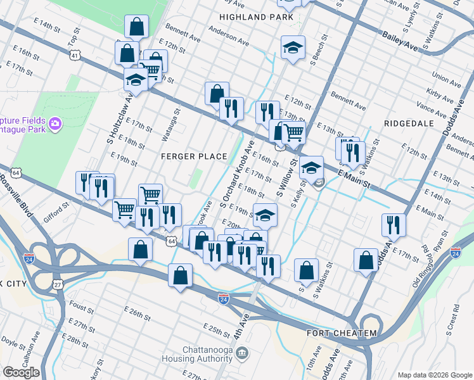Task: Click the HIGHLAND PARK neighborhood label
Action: pos(257,17)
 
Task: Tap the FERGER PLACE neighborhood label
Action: pos(194,156)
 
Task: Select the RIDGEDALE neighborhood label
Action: pos(408,120)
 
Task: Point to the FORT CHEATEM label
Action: pos(342,333)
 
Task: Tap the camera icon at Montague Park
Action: pos(56,122)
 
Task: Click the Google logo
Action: pos(21,372)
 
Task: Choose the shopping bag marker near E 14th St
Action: pos(136,27)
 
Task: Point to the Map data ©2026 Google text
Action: pos(434,374)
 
